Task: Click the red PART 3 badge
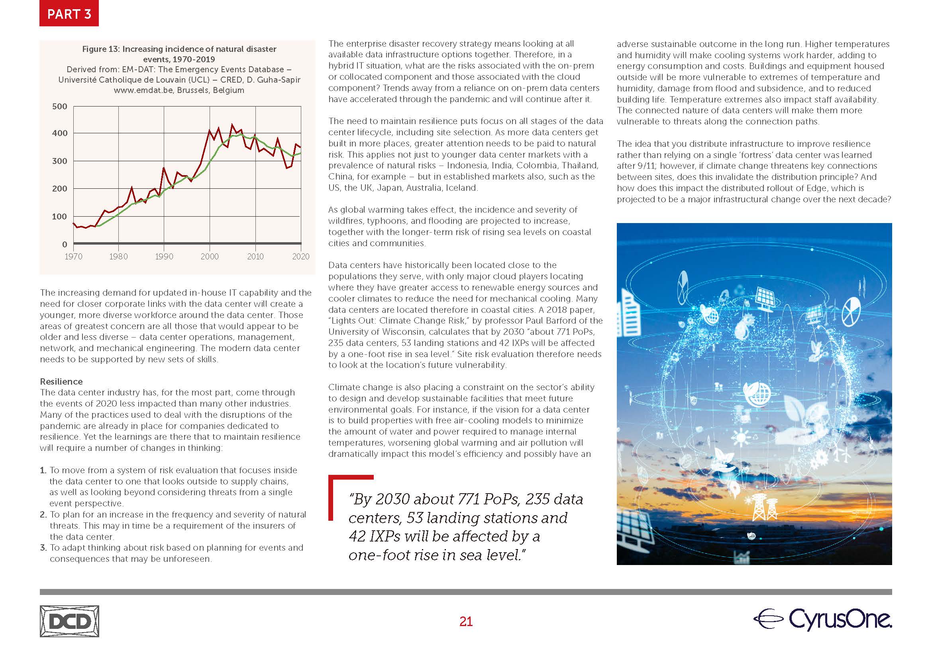coord(69,14)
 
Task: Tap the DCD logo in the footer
coord(69,621)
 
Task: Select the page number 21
coord(465,621)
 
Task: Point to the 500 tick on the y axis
coord(60,107)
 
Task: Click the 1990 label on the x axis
coord(164,257)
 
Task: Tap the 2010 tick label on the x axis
coord(255,257)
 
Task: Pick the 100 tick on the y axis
coord(60,217)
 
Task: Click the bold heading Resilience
coord(61,381)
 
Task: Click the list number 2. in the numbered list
coord(43,514)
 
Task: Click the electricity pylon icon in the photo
coord(759,508)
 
